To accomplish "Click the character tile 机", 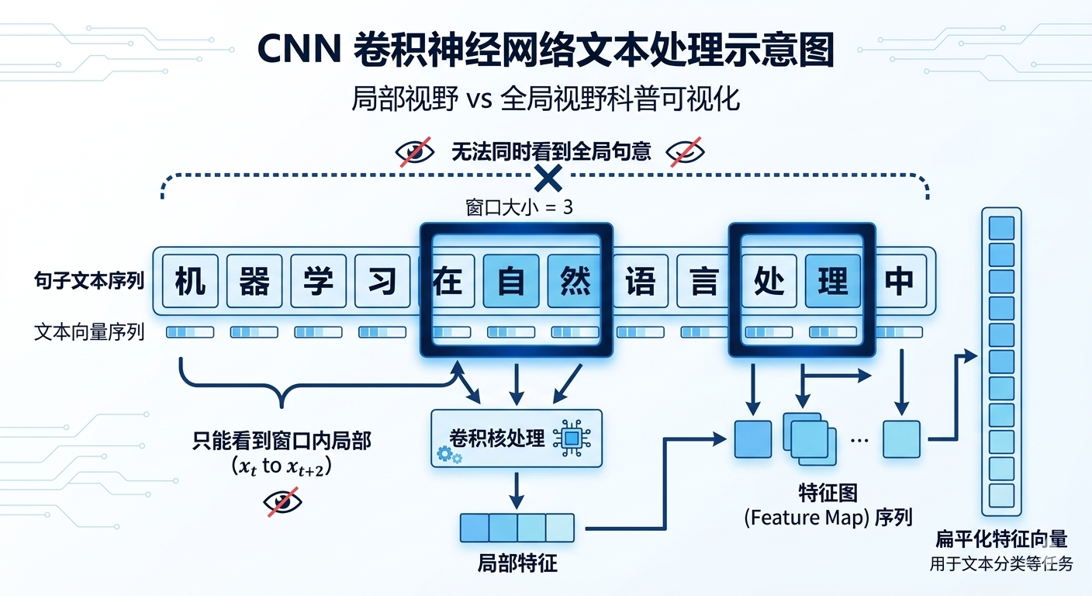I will (x=190, y=280).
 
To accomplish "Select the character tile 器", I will (x=254, y=280).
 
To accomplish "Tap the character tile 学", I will (x=318, y=280).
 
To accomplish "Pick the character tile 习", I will (x=382, y=280).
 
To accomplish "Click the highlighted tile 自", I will (x=510, y=280).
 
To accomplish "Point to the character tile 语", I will (x=640, y=280).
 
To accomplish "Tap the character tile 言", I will (x=704, y=280).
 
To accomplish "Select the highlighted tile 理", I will (x=833, y=280).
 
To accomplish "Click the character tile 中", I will (x=899, y=280).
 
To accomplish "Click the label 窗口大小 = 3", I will (x=519, y=208).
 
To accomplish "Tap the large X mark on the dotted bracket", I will (x=548, y=179).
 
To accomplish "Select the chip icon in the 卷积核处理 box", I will (x=572, y=438).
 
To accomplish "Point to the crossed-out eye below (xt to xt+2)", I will (x=282, y=502).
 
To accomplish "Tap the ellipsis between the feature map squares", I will (x=859, y=440).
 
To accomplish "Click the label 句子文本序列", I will (x=89, y=281).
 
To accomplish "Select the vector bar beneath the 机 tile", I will (x=190, y=332).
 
